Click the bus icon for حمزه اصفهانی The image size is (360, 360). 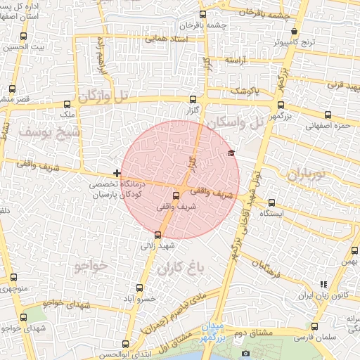tap(328, 115)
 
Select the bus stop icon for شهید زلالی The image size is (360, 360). tap(157, 235)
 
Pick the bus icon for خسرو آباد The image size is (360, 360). tap(139, 288)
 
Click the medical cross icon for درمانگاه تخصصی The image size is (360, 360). tap(117, 173)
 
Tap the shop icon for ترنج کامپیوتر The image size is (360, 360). tap(294, 32)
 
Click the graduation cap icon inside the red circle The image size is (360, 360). tap(231, 153)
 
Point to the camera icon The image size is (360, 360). tap(245, 353)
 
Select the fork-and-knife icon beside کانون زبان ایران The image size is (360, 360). tap(323, 284)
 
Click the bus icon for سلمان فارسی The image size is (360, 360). tap(314, 327)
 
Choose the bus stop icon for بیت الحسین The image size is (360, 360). tap(24, 36)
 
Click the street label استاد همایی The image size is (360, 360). tap(165, 39)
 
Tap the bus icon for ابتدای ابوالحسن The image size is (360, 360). tap(125, 344)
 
